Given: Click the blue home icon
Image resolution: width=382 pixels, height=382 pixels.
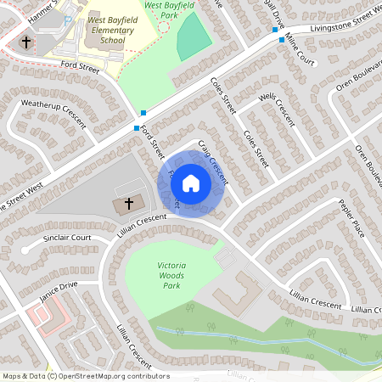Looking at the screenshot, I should [191, 183].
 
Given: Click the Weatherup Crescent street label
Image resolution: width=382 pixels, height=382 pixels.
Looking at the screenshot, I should [53, 114].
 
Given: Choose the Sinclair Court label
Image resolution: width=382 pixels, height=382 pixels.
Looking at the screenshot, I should [67, 239].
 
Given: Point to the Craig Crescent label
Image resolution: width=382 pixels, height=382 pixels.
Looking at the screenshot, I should [213, 161].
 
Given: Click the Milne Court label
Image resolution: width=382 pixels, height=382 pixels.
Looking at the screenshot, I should [300, 51].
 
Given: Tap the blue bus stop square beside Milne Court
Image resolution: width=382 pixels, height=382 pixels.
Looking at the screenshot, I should [282, 40].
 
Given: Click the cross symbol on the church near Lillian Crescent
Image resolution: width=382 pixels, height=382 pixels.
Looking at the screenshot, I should [129, 204].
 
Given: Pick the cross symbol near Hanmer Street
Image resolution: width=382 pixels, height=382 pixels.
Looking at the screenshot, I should [26, 42].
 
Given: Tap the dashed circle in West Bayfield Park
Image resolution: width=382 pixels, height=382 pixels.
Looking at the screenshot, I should [164, 25].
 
